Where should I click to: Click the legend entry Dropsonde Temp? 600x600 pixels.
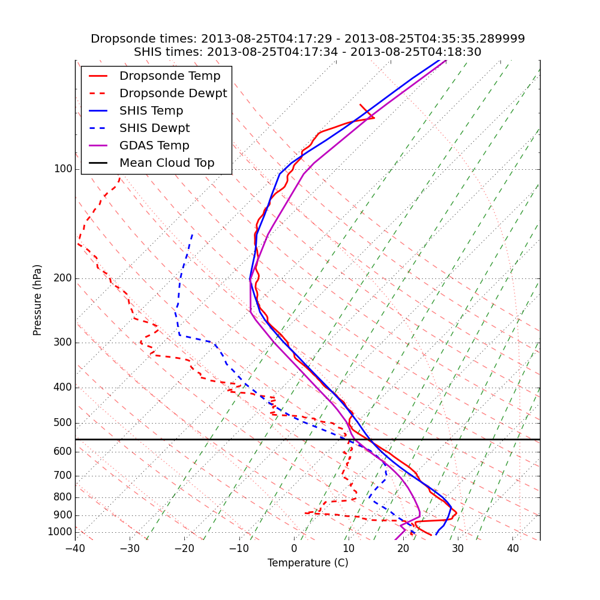click(x=170, y=76)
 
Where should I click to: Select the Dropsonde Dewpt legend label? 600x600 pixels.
click(x=173, y=94)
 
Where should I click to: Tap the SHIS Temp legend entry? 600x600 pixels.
click(x=151, y=111)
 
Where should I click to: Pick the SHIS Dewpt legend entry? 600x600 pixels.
click(x=154, y=128)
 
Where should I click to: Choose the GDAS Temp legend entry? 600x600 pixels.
click(x=154, y=146)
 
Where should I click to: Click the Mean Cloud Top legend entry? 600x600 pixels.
click(x=167, y=163)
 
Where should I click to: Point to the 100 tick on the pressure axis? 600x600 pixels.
click(x=62, y=169)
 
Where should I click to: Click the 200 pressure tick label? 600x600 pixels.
click(x=62, y=278)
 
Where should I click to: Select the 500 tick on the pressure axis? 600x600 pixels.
click(x=62, y=423)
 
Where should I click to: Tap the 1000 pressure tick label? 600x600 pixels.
click(x=60, y=532)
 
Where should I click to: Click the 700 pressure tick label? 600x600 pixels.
click(x=62, y=476)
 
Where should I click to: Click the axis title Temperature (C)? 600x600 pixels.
click(x=308, y=563)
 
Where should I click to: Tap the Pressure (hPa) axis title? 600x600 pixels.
click(x=38, y=300)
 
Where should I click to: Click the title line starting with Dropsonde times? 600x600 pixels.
click(x=308, y=39)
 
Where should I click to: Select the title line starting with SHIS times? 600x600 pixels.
click(x=308, y=52)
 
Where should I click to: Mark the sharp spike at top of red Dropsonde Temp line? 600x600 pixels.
click(x=374, y=118)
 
